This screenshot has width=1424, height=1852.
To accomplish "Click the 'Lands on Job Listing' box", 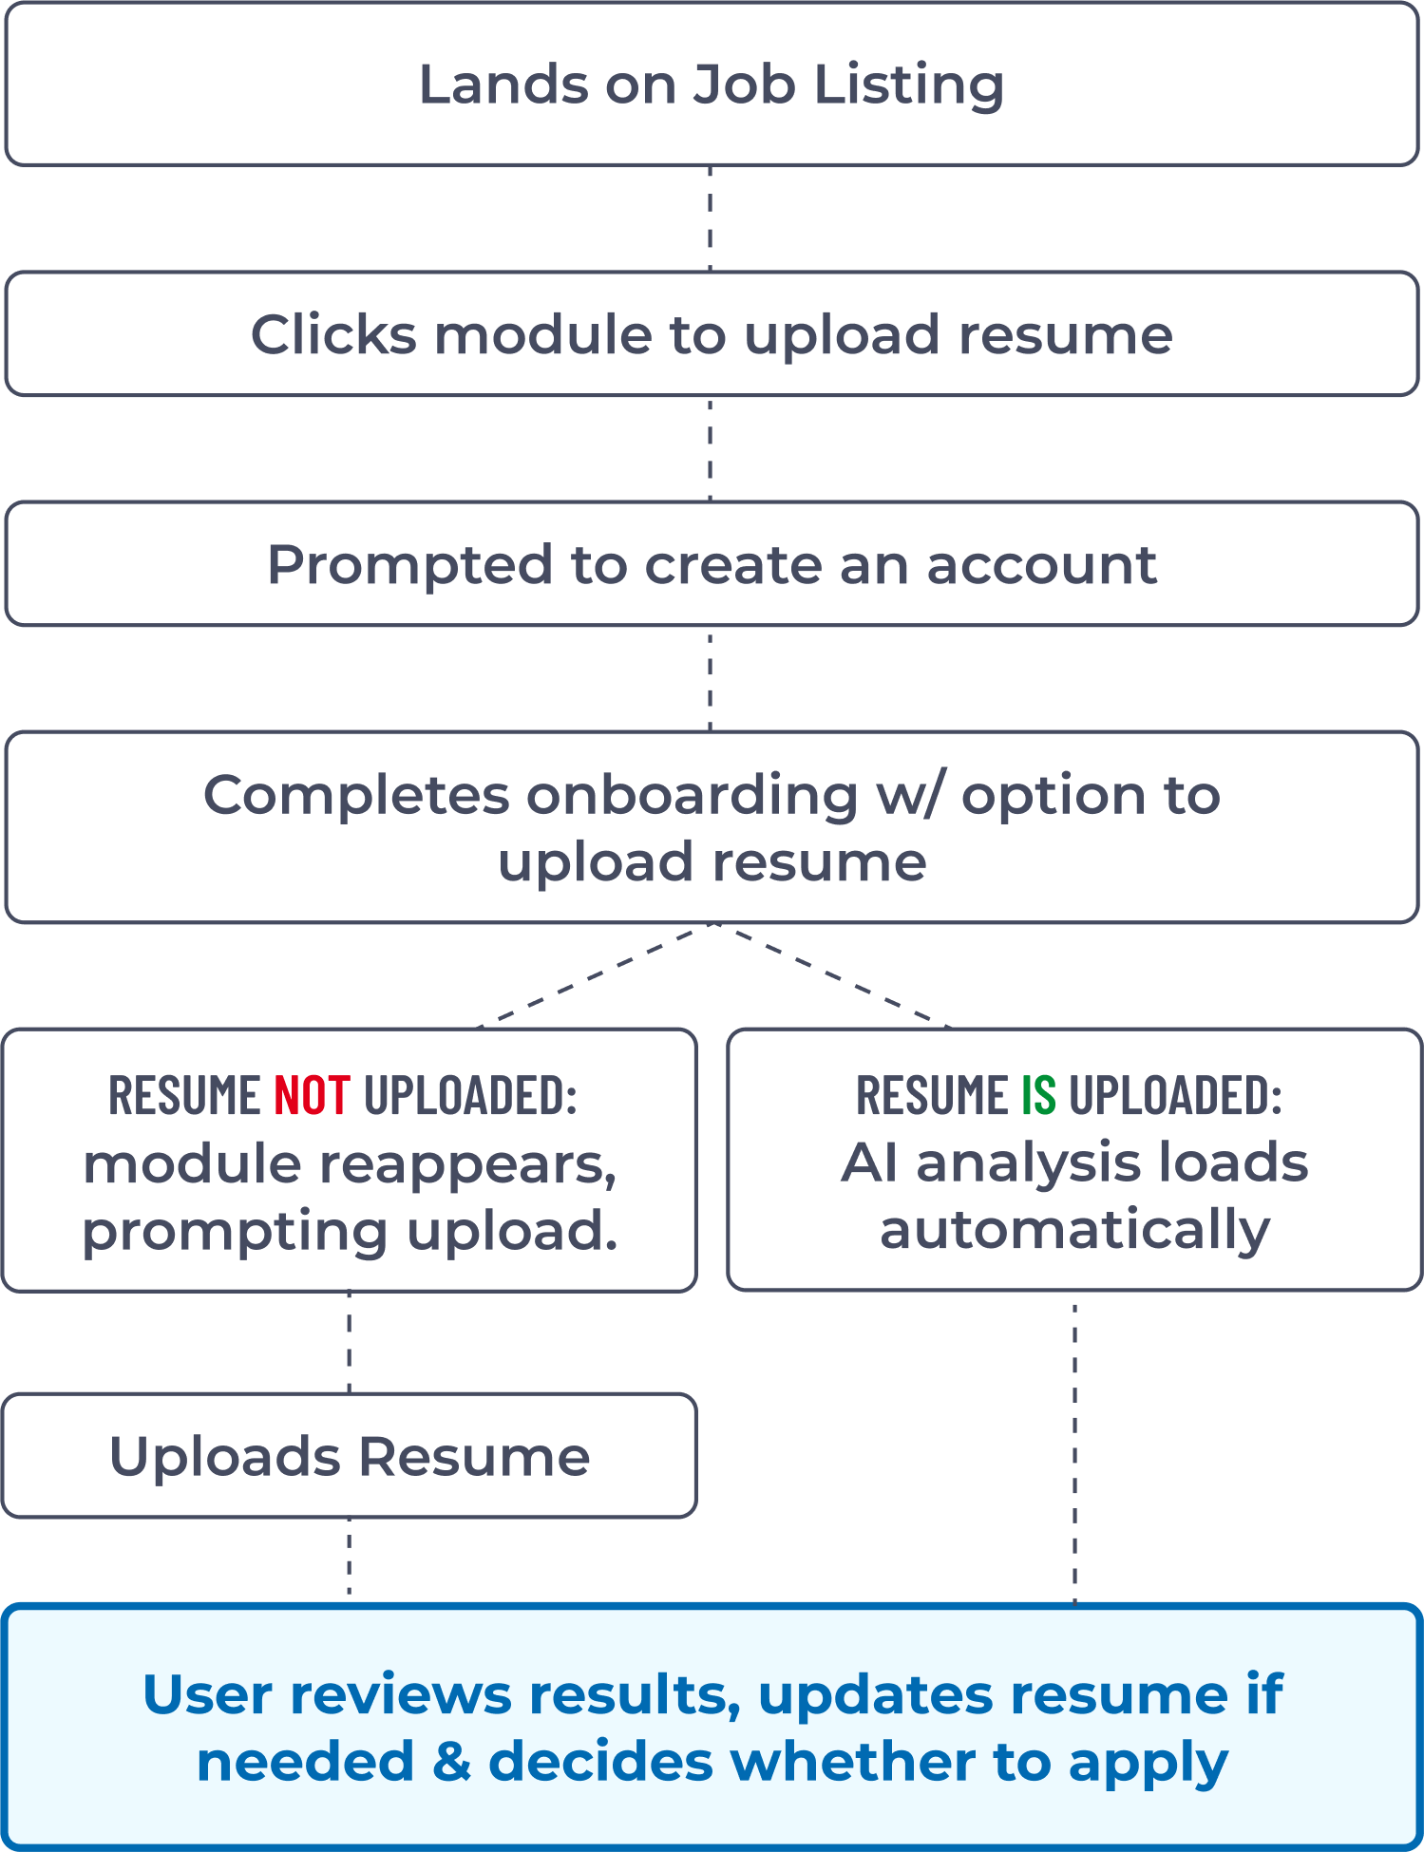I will (712, 85).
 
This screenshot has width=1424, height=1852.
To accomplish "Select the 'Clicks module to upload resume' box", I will (712, 334).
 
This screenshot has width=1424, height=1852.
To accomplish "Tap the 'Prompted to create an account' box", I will (712, 565).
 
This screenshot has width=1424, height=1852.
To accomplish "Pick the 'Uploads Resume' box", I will (350, 1456).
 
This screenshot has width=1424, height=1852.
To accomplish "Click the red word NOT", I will (312, 1095).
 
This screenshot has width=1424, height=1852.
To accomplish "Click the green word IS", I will (1038, 1095).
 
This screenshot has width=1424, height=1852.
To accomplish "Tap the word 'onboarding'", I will (693, 795).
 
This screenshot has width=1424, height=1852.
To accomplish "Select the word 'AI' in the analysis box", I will (870, 1163).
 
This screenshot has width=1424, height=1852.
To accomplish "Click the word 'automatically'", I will (1074, 1231).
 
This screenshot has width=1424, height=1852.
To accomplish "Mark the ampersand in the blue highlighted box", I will (451, 1763).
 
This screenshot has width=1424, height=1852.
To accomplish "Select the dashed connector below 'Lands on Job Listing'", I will (711, 218).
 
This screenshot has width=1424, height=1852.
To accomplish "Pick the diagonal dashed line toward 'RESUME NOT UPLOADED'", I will (594, 975).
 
